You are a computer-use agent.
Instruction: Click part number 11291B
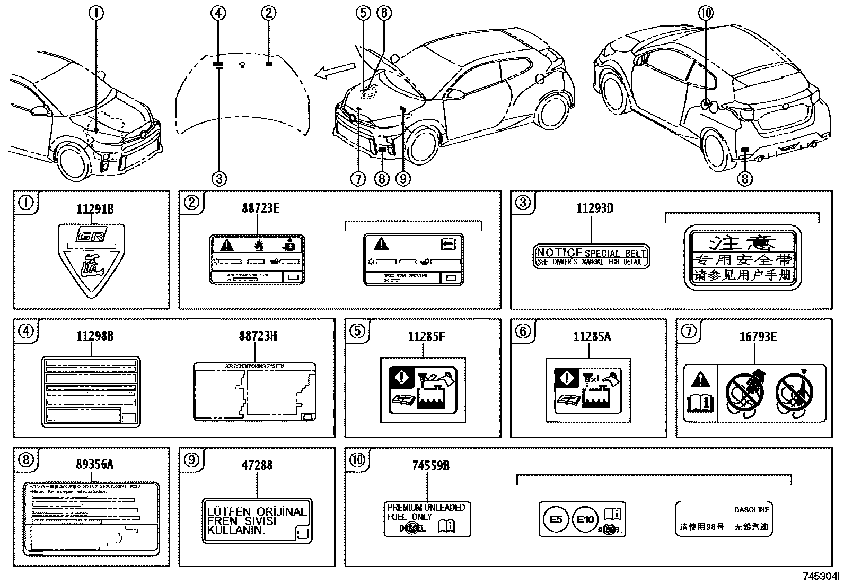click(x=95, y=209)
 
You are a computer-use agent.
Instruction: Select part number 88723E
click(x=260, y=208)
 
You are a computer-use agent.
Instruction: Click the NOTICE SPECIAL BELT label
click(x=591, y=257)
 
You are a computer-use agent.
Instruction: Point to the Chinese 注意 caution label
click(x=742, y=258)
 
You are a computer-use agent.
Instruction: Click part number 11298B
click(x=95, y=336)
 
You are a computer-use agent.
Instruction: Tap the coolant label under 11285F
click(x=423, y=390)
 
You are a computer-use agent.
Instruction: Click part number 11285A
click(x=592, y=336)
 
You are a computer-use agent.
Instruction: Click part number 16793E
click(x=758, y=336)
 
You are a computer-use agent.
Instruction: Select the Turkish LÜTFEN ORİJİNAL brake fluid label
click(x=257, y=521)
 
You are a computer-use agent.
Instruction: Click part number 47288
click(x=257, y=465)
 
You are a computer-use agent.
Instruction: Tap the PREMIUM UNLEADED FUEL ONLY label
click(x=427, y=518)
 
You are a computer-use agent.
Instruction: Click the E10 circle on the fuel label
click(x=585, y=519)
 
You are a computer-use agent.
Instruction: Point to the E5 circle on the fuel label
click(x=556, y=519)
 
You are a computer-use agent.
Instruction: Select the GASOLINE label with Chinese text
click(x=724, y=518)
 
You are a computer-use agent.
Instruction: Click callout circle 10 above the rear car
click(x=706, y=13)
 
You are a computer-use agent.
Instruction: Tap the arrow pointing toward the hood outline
click(x=335, y=71)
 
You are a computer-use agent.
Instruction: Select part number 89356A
click(x=95, y=465)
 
